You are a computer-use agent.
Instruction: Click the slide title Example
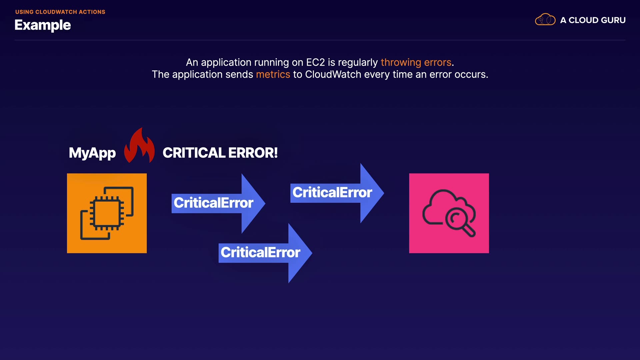point(43,25)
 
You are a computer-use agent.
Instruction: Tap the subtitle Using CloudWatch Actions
point(60,12)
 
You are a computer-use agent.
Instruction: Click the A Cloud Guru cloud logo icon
point(545,20)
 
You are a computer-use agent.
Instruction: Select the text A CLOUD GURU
point(593,20)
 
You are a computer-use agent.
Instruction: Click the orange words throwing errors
point(416,62)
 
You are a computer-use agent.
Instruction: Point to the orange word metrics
point(273,74)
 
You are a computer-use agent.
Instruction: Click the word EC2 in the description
point(315,62)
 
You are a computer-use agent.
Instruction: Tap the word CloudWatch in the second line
point(333,74)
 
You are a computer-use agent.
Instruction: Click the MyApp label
point(92,153)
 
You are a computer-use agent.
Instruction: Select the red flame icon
point(139,147)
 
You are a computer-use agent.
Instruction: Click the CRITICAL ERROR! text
point(220,153)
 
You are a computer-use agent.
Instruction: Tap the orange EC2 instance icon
point(107,213)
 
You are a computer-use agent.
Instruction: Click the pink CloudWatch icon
point(449,213)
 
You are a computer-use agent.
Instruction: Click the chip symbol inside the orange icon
point(107,213)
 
